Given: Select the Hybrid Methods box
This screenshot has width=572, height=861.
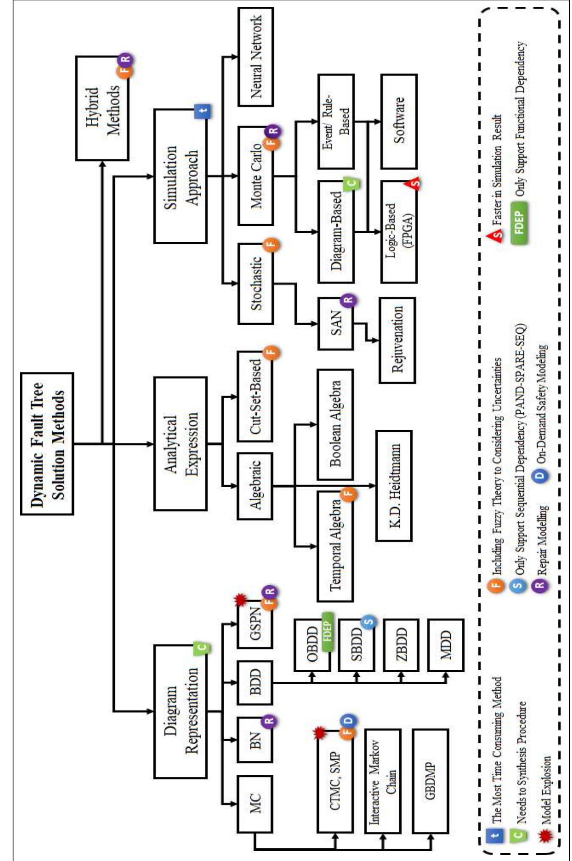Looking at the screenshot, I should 102,108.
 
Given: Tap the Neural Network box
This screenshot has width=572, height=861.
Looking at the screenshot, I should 256,57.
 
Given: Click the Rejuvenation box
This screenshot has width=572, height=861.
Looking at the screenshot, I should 397,340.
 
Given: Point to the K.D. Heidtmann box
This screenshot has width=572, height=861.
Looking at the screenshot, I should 394,486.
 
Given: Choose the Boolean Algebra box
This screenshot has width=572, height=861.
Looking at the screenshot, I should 335,424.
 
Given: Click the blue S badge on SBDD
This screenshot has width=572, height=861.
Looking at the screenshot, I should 368,622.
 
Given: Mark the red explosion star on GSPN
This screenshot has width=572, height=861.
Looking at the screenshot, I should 240,600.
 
